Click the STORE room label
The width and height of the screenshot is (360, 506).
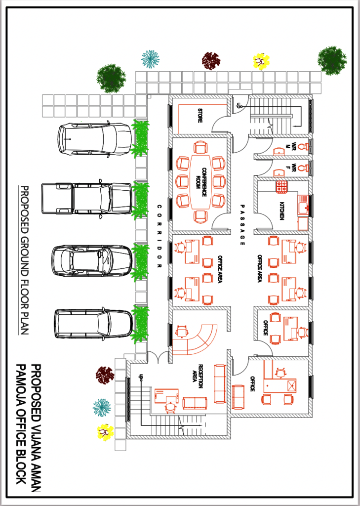click(200, 115)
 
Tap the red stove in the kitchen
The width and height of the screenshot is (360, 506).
click(281, 187)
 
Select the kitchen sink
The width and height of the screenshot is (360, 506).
click(303, 205)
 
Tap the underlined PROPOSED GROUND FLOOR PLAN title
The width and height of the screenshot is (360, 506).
click(24, 259)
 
